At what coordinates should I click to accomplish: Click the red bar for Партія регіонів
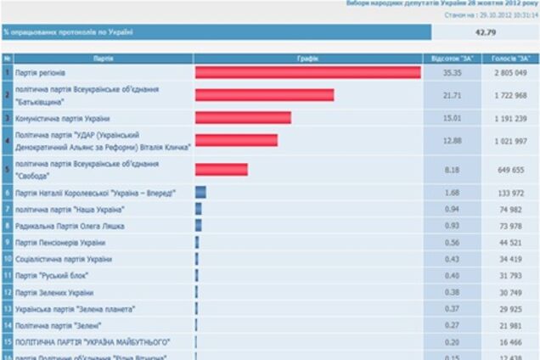point(307,73)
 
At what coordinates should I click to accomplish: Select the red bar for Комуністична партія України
point(243,118)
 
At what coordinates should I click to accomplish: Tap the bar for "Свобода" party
point(222,169)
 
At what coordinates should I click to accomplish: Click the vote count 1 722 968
point(509,95)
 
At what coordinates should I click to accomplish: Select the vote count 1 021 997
point(509,140)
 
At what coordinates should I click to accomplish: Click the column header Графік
point(308,59)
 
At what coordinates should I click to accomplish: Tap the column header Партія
point(104,59)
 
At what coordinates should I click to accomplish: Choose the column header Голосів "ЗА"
point(509,59)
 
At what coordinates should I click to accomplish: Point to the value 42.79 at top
point(485,32)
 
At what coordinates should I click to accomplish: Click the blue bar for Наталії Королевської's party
point(200,193)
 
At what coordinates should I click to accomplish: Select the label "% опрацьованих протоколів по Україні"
point(70,32)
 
